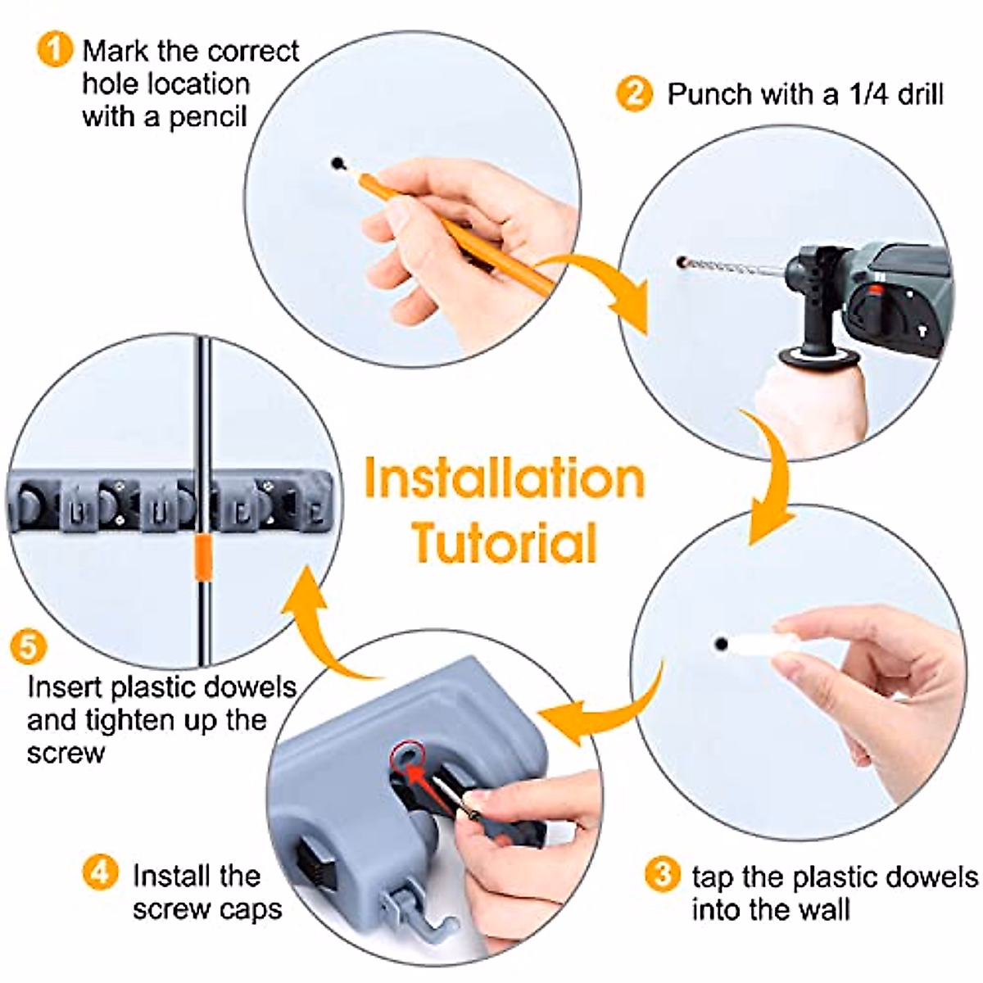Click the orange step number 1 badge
pyautogui.click(x=55, y=50)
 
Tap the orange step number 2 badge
pyautogui.click(x=635, y=93)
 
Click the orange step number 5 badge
pyautogui.click(x=28, y=647)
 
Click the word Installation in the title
pyautogui.click(x=504, y=479)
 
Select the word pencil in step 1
pyautogui.click(x=207, y=117)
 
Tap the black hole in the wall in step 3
pyautogui.click(x=720, y=644)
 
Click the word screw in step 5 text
pyautogui.click(x=66, y=753)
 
